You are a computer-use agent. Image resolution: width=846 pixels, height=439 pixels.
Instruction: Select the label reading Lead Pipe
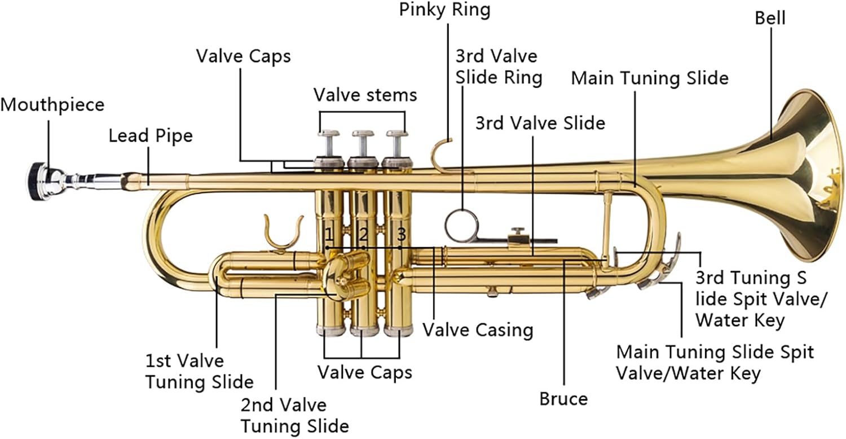click(x=151, y=136)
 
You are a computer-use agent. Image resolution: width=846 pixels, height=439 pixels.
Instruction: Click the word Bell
click(x=770, y=18)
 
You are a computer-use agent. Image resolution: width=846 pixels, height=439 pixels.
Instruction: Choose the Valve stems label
click(x=365, y=95)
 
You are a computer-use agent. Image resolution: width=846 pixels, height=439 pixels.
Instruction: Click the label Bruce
click(x=563, y=400)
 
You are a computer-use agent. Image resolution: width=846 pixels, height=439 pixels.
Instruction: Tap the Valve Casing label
click(x=478, y=330)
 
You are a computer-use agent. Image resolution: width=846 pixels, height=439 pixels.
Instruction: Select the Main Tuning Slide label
click(x=650, y=78)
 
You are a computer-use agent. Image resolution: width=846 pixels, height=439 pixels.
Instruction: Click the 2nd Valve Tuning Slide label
click(x=294, y=415)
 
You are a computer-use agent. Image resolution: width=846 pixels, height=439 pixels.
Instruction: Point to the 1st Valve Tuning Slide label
click(x=199, y=371)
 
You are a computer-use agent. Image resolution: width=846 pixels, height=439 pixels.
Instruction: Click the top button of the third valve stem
click(x=398, y=134)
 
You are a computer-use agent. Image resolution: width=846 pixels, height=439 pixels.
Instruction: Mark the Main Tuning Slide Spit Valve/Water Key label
click(x=715, y=363)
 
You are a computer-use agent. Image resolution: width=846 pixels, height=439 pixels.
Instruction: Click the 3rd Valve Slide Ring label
click(x=499, y=67)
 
